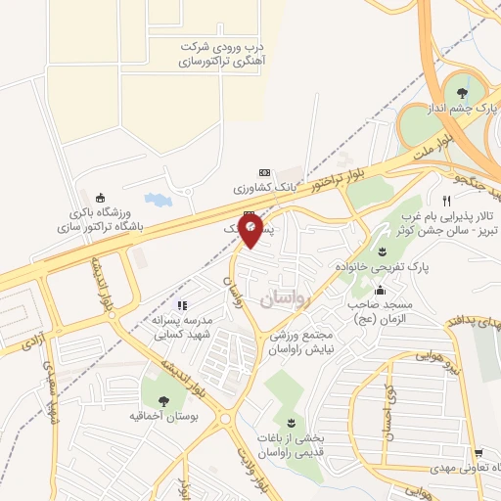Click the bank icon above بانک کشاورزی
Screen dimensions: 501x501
tap(262, 170)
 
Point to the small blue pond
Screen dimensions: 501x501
tap(158, 201)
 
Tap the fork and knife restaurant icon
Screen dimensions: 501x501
tap(446, 199)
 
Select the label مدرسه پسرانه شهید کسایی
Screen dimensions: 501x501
tap(189, 325)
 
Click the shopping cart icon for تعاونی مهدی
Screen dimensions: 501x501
tap(477, 453)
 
